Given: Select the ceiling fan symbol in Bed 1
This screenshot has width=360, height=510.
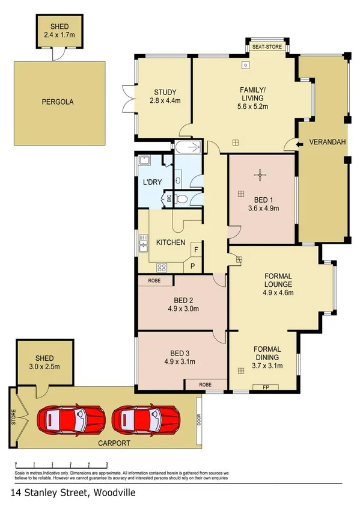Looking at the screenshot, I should tap(260, 175).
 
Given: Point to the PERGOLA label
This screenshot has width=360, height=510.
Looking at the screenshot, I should tap(58, 102).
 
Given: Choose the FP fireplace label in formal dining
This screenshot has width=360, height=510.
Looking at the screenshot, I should tap(265, 387).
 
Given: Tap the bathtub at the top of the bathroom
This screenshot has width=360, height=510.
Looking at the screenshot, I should tap(189, 147).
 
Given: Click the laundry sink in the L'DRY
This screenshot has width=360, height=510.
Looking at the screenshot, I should tap(144, 161).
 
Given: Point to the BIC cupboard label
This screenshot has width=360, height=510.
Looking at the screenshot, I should tap(168, 198).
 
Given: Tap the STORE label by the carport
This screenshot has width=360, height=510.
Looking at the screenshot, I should tap(13, 417).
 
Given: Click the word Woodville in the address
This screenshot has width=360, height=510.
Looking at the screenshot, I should tap(114, 493).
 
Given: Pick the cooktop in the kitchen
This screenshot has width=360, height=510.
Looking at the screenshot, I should tap(162, 268).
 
